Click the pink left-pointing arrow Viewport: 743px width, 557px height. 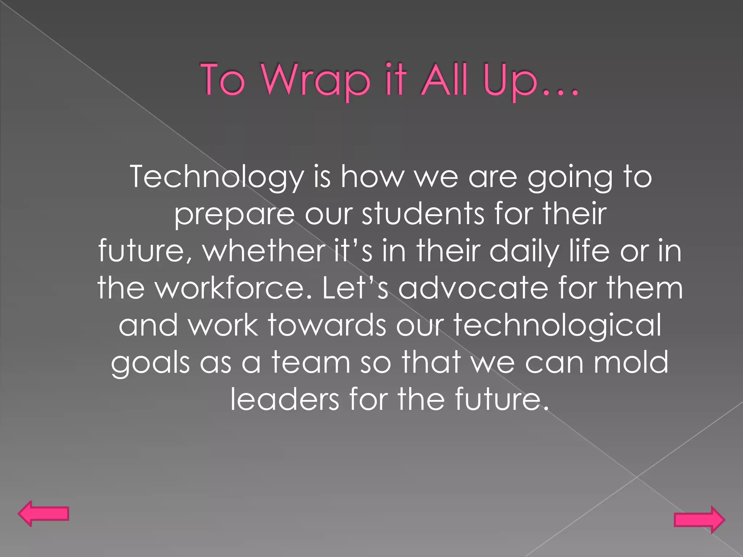[x=43, y=513]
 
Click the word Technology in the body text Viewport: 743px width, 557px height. [x=217, y=177]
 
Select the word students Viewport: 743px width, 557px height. [x=423, y=214]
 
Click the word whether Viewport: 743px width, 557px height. [x=264, y=251]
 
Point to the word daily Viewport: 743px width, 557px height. [x=524, y=252]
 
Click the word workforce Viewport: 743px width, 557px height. [x=234, y=288]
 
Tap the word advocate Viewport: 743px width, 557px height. [x=473, y=288]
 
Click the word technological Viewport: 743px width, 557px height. [x=557, y=326]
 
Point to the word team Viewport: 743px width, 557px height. [x=311, y=363]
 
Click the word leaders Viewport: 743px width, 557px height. [x=285, y=399]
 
